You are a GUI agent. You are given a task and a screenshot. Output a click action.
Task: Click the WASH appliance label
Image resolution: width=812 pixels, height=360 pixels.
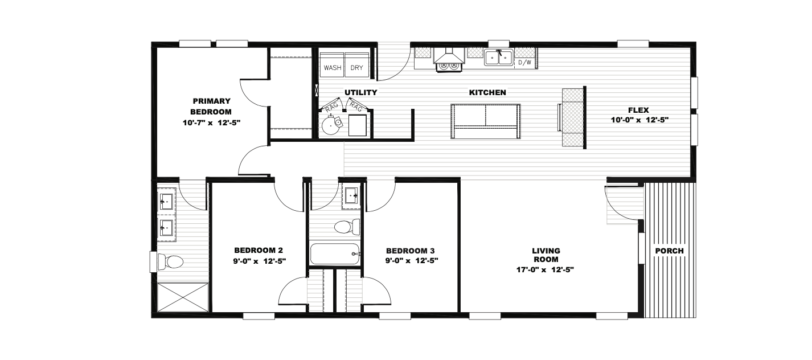333,68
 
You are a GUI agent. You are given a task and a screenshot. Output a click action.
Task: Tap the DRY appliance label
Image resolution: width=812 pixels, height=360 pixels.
356,68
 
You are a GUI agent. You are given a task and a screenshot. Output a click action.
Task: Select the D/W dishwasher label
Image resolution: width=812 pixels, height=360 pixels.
524,62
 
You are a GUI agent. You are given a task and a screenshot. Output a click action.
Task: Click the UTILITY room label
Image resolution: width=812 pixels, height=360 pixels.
360,92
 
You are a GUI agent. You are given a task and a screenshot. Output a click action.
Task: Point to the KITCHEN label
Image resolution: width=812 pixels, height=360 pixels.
487,92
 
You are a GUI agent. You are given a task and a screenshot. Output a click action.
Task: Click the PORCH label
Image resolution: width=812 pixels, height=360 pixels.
669,251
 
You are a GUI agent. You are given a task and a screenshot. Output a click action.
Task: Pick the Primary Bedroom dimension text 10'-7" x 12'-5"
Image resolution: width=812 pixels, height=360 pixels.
212,123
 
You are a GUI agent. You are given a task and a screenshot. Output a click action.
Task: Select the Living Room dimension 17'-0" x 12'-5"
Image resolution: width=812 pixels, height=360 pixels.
545,270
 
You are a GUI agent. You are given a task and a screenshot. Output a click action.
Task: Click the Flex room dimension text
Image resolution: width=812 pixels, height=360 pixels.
640,120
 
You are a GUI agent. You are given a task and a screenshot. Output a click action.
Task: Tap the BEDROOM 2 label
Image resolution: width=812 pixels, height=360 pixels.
259,250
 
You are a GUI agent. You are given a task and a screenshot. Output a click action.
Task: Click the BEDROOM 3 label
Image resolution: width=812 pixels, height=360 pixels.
411,251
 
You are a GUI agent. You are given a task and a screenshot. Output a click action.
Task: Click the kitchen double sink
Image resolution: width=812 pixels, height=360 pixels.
499,58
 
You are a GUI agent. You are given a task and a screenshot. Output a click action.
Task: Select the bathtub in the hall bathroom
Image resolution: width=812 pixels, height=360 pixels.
335,254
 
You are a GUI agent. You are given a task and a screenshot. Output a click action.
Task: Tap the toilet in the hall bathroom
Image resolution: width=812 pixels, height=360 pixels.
347,227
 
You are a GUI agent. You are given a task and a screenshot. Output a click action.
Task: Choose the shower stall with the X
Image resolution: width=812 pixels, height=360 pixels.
183,297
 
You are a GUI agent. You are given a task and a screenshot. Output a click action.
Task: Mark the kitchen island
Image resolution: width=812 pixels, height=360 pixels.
486,121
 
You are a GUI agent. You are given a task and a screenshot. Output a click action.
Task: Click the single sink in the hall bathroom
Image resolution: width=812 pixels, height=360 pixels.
351,196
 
